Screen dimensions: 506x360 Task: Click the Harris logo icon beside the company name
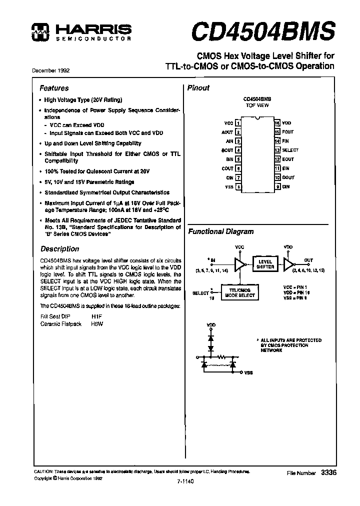coord(38,31)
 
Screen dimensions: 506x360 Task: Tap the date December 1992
coord(51,71)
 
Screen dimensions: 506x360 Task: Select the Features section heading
coord(54,88)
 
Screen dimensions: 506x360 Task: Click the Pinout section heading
coord(198,88)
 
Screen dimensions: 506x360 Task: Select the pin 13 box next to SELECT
coord(277,150)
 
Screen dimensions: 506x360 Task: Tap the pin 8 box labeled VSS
coord(238,186)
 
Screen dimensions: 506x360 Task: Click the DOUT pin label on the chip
coord(288,177)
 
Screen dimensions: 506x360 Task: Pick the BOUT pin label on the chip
coord(227,150)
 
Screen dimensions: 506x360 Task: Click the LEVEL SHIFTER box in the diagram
coord(265,264)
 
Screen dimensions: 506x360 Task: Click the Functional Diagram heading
coord(220,231)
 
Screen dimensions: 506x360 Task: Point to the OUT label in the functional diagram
coord(308,260)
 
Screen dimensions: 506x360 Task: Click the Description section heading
coord(59,248)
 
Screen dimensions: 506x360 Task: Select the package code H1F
coord(96,316)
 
